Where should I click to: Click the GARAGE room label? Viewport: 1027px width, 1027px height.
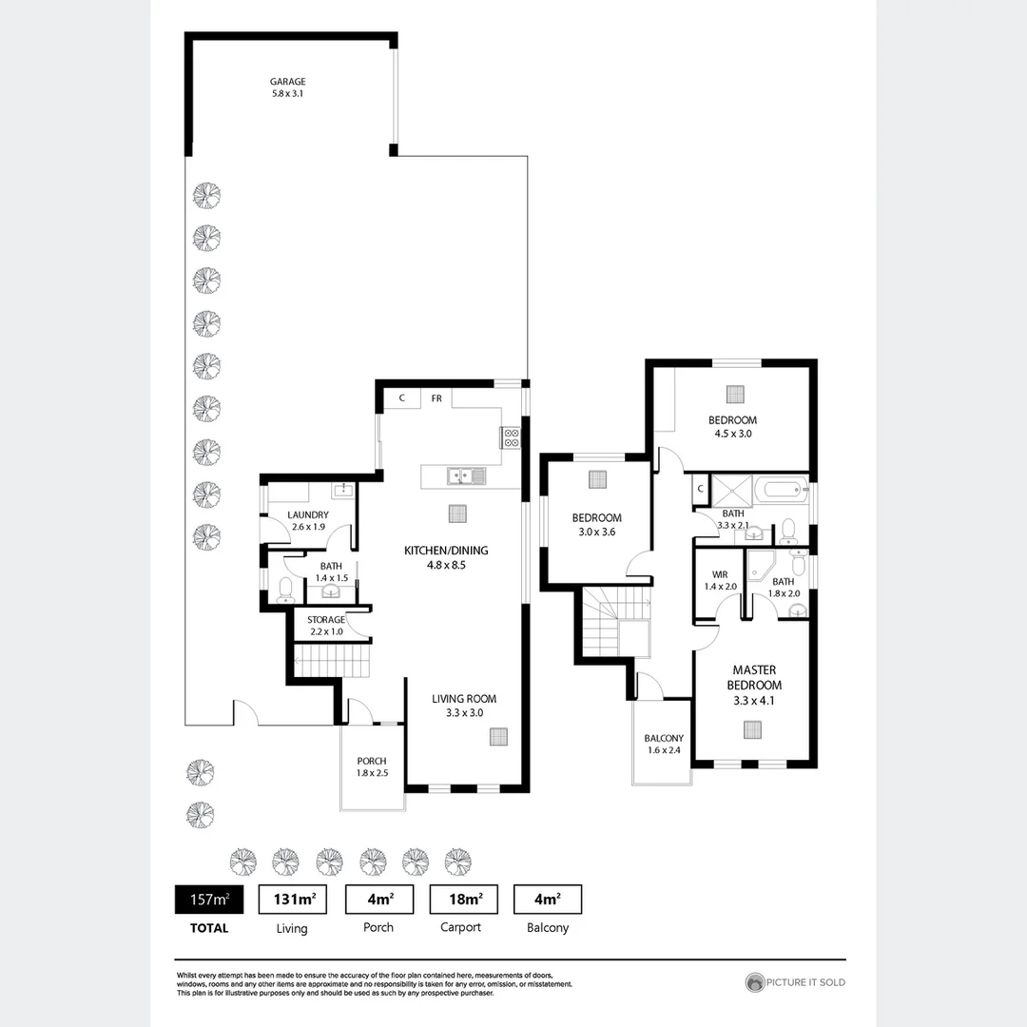(287, 82)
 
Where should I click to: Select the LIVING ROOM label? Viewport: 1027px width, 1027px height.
(464, 699)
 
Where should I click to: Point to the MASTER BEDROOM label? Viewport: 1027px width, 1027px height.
(754, 678)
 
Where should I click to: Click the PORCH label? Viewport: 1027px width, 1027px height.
(371, 761)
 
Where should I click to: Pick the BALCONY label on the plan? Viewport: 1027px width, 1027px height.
(663, 738)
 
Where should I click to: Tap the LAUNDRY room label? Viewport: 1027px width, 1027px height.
(308, 515)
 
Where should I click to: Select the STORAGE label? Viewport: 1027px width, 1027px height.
(325, 620)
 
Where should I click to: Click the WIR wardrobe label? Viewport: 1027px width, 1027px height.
(720, 574)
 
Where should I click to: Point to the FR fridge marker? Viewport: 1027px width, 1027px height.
(436, 398)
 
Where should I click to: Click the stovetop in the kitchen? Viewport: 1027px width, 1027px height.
(511, 437)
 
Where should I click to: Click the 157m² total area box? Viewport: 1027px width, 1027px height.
(203, 899)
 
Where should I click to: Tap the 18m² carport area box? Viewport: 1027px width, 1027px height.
(462, 899)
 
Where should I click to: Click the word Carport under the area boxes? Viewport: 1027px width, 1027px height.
(461, 927)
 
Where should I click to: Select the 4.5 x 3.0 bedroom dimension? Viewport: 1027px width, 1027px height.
(732, 434)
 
